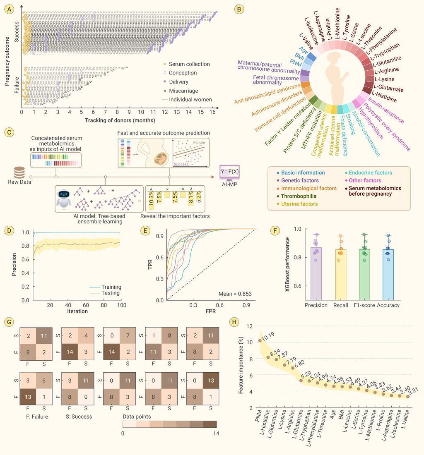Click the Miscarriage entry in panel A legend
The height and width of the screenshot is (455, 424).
point(184,91)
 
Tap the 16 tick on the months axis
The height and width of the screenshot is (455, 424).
point(214,112)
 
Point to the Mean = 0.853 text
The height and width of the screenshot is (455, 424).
point(236,294)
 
